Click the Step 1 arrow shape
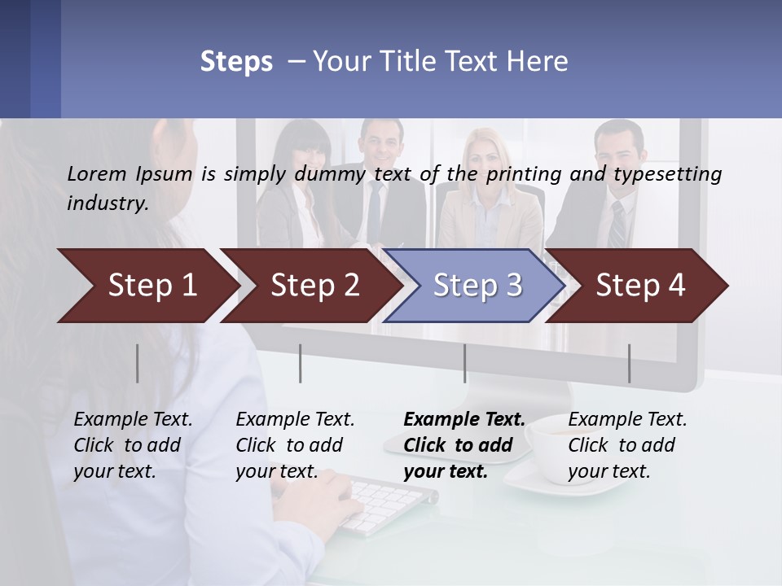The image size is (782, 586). [147, 286]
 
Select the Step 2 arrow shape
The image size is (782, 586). [314, 286]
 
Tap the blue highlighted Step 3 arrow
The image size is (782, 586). [477, 286]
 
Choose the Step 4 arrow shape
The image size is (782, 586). [639, 286]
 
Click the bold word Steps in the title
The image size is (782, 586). [236, 62]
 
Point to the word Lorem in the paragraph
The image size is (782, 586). [96, 173]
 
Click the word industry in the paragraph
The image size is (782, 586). [107, 203]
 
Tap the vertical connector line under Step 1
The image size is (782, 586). [137, 363]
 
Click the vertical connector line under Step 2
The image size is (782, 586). [301, 363]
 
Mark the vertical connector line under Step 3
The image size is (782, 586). [464, 363]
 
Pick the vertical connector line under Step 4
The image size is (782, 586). [629, 363]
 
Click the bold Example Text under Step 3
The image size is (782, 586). [464, 420]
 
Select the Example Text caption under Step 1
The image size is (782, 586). [133, 420]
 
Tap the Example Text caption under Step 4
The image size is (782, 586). [627, 420]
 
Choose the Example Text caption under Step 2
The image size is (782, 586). [295, 420]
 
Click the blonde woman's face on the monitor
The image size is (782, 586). [485, 160]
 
